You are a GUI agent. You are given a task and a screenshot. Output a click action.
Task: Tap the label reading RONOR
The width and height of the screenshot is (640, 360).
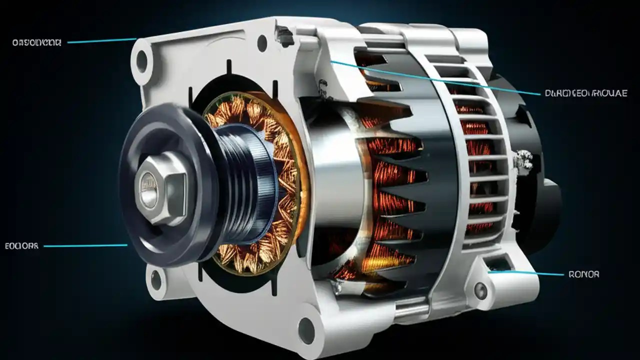(583, 274)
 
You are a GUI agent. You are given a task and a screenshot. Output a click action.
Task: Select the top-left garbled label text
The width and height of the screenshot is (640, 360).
(36, 43)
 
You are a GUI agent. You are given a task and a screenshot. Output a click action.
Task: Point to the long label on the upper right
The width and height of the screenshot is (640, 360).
(585, 93)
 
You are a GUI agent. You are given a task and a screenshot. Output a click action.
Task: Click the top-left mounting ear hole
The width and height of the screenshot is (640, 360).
(142, 60)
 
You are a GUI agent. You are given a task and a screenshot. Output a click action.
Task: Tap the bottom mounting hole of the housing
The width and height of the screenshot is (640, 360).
(306, 330)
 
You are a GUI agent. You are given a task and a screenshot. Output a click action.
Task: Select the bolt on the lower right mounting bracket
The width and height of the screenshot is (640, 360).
(480, 289)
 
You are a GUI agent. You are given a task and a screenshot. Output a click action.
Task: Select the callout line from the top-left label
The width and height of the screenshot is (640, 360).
(100, 41)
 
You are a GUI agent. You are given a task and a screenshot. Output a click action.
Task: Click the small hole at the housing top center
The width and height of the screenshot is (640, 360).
(262, 43)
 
